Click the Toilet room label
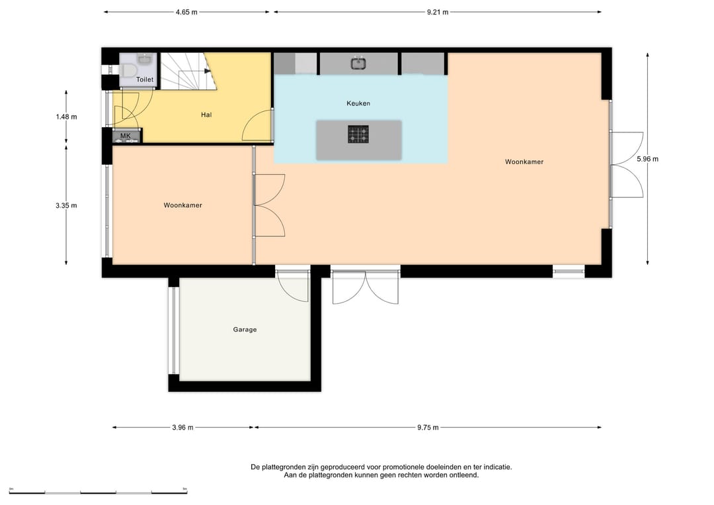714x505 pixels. (145, 80)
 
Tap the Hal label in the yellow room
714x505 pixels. (206, 115)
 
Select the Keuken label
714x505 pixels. (358, 103)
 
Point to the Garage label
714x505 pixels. (245, 330)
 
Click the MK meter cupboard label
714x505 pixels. (125, 136)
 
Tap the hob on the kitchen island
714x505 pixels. (358, 134)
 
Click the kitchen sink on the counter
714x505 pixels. (359, 63)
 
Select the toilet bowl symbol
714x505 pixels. (129, 71)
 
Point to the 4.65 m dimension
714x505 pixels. (186, 13)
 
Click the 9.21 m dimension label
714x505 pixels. (438, 13)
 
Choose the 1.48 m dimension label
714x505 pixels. (67, 116)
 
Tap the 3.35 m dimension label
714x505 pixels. (67, 206)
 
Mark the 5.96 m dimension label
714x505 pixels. (647, 159)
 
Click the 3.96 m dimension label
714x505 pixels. (182, 428)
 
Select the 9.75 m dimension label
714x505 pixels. (428, 428)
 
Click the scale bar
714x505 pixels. (98, 492)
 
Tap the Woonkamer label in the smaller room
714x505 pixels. (183, 206)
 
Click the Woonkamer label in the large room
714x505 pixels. (524, 161)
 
